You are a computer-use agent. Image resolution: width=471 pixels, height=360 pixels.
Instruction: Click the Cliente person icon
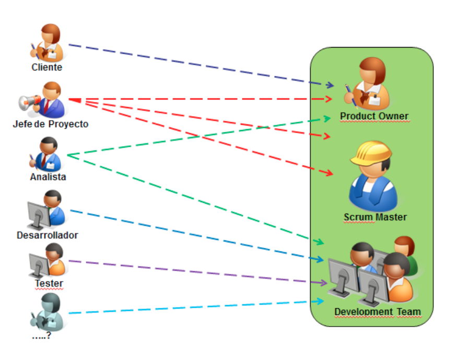pyautogui.click(x=47, y=43)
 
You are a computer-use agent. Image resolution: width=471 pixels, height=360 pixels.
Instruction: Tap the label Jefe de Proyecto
pyautogui.click(x=51, y=124)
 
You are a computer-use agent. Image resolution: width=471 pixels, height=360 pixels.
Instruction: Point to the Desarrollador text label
pyautogui.click(x=48, y=235)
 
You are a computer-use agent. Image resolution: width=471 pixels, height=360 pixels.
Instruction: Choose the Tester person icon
pyautogui.click(x=48, y=260)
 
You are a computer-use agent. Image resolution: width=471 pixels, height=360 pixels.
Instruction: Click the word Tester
pyautogui.click(x=49, y=284)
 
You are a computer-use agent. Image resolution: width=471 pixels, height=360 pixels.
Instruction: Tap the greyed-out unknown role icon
pyautogui.click(x=48, y=312)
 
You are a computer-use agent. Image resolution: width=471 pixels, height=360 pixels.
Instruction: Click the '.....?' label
pyautogui.click(x=41, y=336)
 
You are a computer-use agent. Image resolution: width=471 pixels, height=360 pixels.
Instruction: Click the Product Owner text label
pyautogui.click(x=374, y=116)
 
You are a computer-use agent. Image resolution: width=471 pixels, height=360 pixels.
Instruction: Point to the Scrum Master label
pyautogui.click(x=375, y=217)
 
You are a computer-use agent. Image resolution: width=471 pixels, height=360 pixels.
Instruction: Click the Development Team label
pyautogui.click(x=377, y=312)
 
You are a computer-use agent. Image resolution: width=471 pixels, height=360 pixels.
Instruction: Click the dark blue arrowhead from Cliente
pyautogui.click(x=329, y=85)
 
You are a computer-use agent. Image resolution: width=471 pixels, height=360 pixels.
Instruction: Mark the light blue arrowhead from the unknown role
pyautogui.click(x=320, y=301)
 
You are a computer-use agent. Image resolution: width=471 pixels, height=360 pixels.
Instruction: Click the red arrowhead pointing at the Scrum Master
pyautogui.click(x=329, y=173)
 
